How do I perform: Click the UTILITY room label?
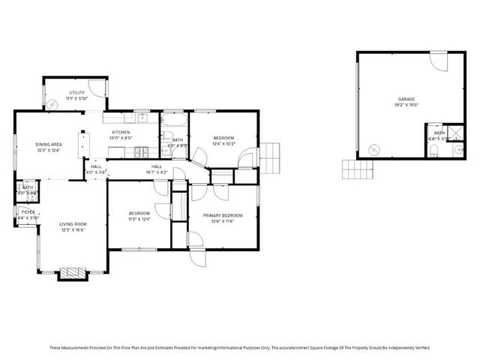click(77, 92)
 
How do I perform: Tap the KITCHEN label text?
click(121, 133)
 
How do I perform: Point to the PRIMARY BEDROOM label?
click(223, 216)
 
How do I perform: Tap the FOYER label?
click(27, 213)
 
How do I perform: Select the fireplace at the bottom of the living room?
click(73, 272)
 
